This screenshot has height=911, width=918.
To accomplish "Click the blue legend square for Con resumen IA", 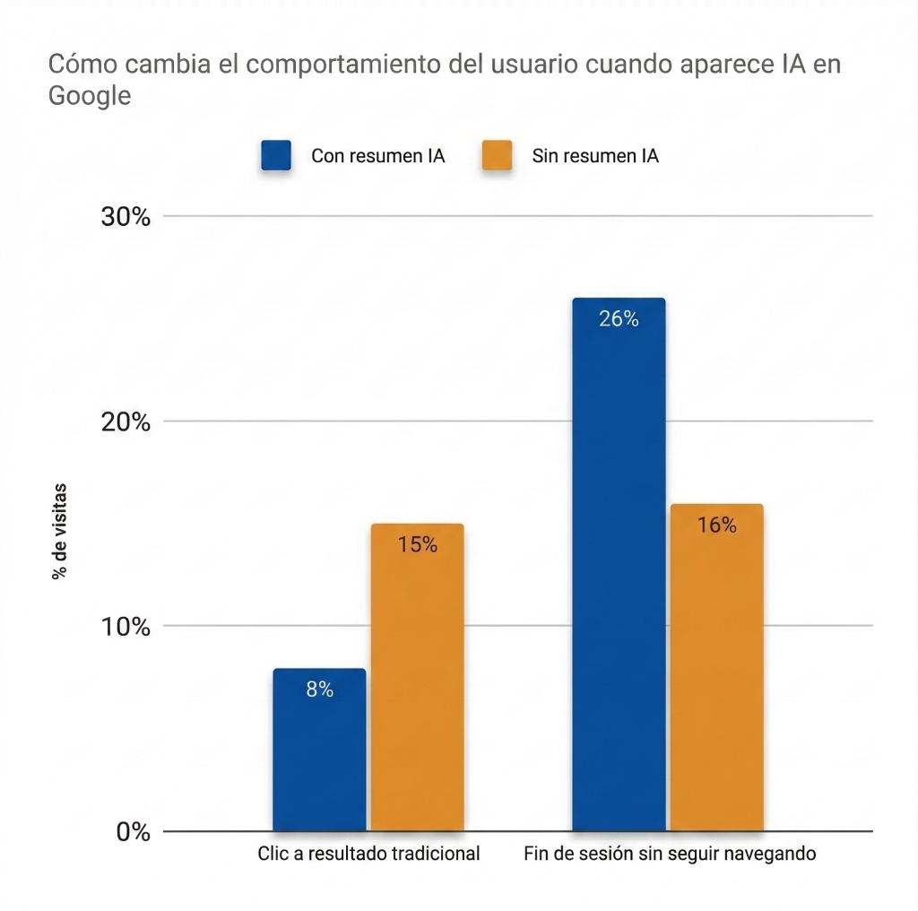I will pos(276,155).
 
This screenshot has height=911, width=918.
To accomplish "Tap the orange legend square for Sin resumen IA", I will pos(496,155).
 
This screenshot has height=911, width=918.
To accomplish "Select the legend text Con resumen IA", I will pos(377,156).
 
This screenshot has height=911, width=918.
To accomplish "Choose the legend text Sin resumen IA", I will pos(595,156).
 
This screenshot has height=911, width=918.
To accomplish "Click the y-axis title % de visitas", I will pos(60,532).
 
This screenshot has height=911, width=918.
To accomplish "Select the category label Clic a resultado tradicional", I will pos(368,854).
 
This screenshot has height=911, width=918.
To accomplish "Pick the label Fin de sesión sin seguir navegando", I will pos(670,854).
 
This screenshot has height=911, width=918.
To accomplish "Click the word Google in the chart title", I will pos(90,95).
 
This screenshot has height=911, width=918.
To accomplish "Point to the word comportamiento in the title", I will pos(328,65).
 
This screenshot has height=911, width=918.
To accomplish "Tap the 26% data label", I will pos(619,318).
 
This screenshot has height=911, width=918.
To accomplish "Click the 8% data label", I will pos(319,690).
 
